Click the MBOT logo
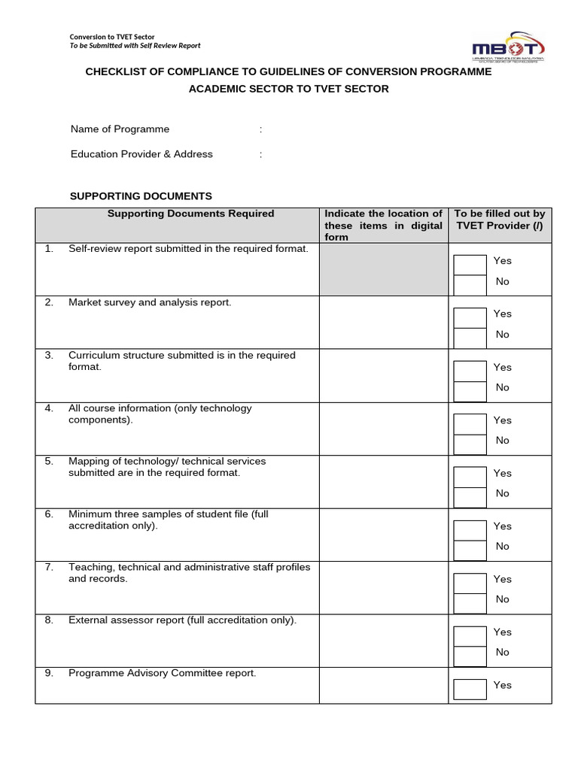click(507, 47)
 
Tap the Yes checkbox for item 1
click(470, 265)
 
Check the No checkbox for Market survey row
click(470, 338)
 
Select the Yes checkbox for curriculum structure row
click(470, 371)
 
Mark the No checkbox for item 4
click(470, 444)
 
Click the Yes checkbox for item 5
click(470, 477)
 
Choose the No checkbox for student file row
click(470, 550)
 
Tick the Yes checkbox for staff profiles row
click(470, 583)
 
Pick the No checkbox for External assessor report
click(470, 656)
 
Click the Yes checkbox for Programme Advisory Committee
click(470, 689)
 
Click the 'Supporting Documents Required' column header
click(190, 214)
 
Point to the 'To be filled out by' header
click(500, 214)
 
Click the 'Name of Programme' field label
click(120, 129)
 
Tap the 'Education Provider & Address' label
click(141, 154)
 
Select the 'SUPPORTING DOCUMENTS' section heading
click(141, 196)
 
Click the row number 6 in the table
click(49, 514)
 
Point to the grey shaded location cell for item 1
click(384, 268)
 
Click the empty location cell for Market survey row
click(384, 322)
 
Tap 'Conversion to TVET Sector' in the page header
click(112, 37)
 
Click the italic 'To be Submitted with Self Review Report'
click(135, 46)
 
